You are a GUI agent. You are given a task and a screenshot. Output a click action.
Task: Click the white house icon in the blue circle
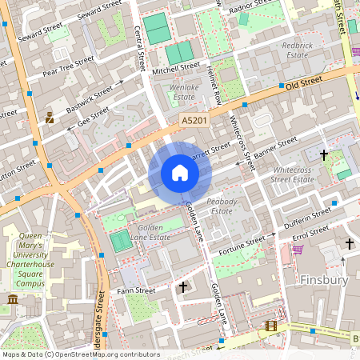point(179,172)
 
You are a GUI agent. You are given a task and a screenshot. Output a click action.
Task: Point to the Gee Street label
point(94,118)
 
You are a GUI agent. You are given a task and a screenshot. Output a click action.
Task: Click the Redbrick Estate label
point(297,51)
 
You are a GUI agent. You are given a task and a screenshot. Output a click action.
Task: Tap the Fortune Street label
point(242,242)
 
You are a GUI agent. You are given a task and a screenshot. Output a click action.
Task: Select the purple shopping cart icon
point(298,249)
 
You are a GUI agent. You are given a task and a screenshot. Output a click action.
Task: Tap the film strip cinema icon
point(271,326)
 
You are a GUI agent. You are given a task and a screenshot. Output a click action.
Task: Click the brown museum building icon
point(12,299)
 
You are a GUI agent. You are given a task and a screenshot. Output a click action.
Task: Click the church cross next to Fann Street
point(183,286)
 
